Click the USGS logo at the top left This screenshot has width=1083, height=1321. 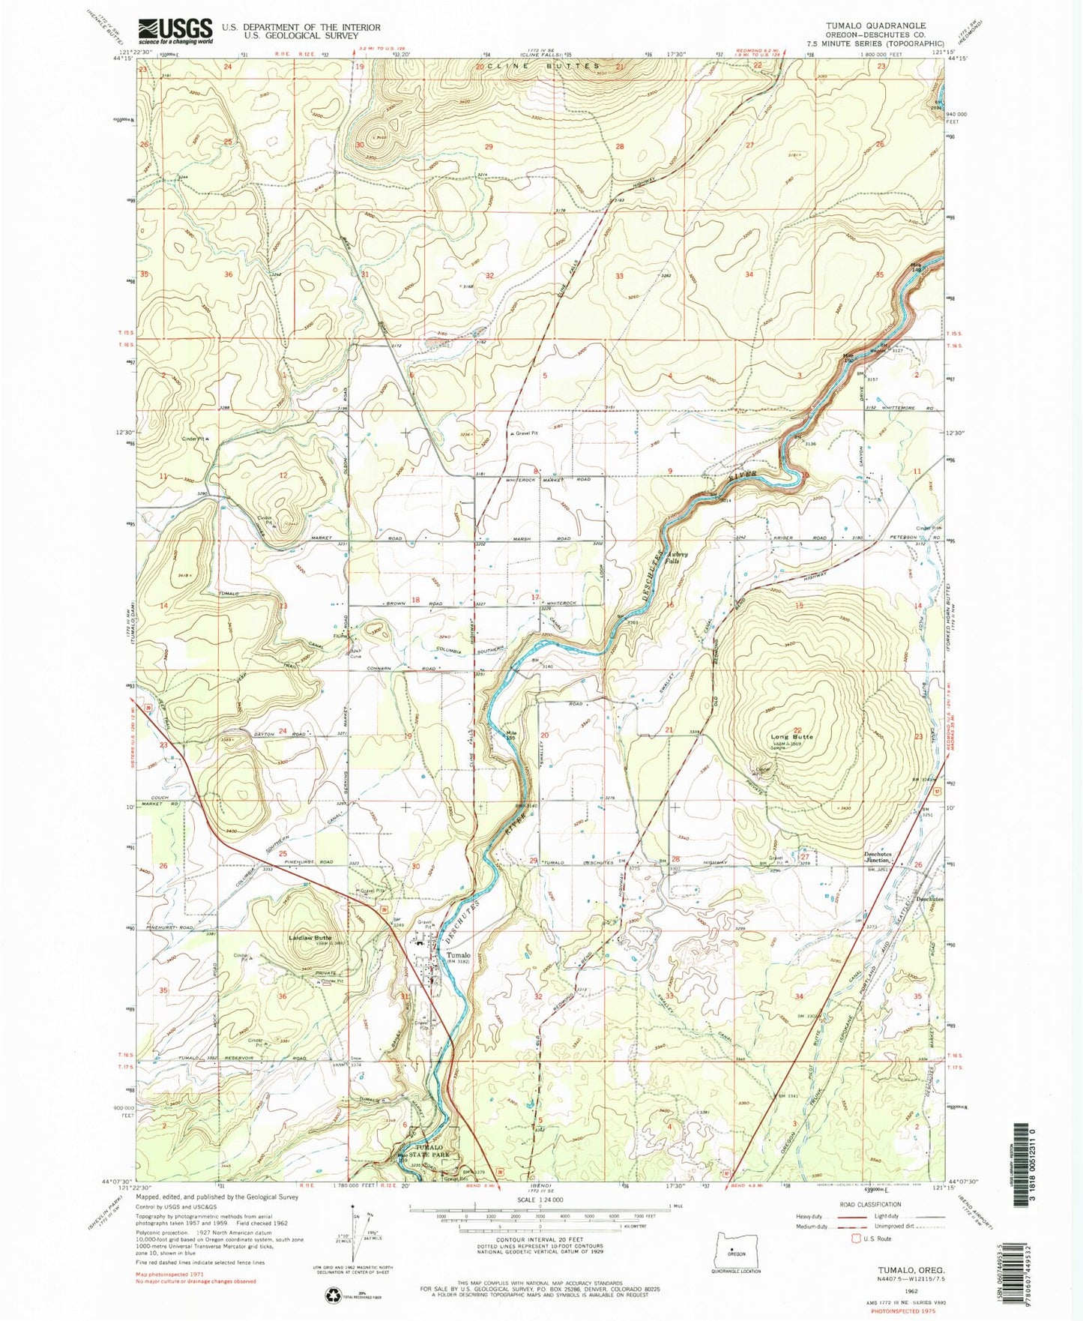point(175,31)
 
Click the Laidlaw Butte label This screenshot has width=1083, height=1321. point(311,937)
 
